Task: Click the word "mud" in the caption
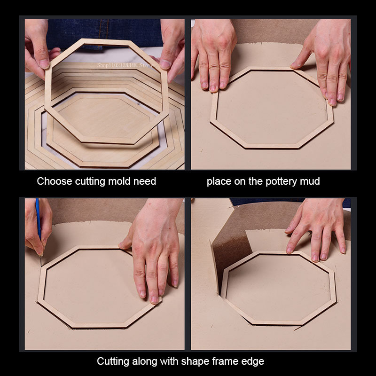point(310,181)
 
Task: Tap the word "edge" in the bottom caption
point(252,361)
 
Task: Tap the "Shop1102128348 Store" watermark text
point(125,65)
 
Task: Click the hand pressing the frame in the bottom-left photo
point(154,250)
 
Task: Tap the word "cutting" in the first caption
point(90,181)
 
